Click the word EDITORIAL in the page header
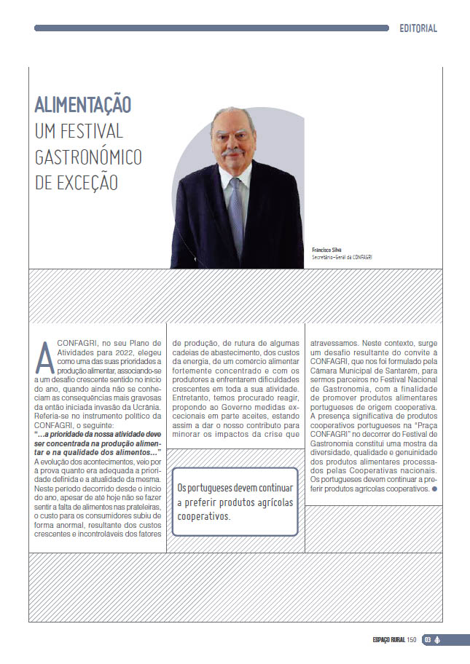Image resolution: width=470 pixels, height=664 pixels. point(418,28)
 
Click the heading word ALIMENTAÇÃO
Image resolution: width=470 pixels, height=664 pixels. point(83,105)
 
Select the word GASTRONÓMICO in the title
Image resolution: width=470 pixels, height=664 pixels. point(88,157)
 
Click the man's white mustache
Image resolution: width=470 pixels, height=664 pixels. point(232,154)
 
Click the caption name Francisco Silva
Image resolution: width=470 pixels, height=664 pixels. point(327,249)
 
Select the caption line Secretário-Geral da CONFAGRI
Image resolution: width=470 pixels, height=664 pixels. point(341,257)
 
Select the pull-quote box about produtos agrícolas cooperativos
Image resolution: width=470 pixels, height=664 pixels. point(235,502)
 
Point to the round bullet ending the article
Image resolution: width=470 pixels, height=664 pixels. point(435,489)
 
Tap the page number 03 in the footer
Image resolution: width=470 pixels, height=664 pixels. point(428,639)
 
